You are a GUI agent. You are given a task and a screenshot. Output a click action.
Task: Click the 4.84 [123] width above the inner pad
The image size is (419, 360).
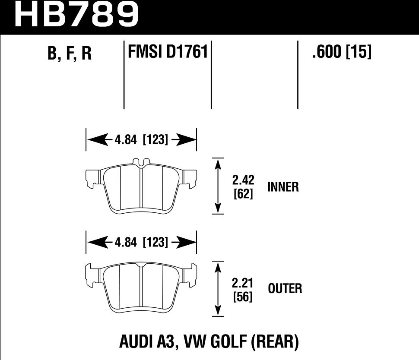[x=141, y=140]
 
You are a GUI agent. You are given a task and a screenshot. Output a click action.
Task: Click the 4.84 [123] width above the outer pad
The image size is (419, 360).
[x=141, y=243]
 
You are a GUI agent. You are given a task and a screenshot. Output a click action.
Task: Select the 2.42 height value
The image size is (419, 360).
[x=243, y=180]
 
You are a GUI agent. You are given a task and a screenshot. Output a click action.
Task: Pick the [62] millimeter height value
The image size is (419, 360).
[x=243, y=194]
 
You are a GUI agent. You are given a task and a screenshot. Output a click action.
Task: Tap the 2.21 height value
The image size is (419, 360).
[x=243, y=283]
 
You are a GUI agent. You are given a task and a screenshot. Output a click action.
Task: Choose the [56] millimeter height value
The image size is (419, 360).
[x=243, y=297]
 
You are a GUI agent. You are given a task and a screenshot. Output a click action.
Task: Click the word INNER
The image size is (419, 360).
[x=283, y=187]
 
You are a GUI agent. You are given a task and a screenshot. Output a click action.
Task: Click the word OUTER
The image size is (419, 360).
[x=285, y=289]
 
